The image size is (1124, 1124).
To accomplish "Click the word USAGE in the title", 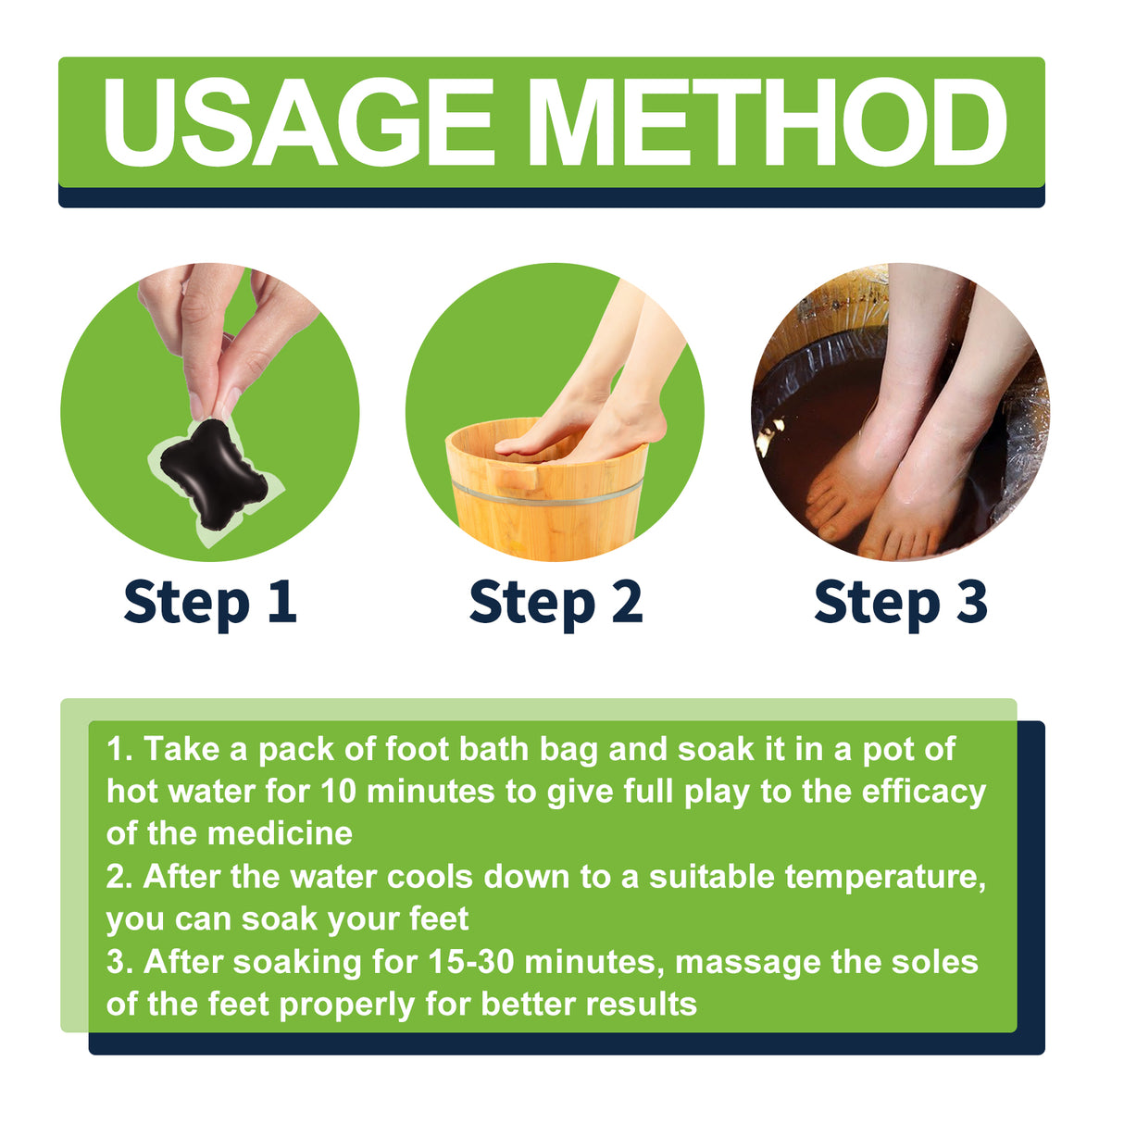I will [x=298, y=122].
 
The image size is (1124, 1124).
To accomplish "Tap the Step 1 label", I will [x=210, y=603].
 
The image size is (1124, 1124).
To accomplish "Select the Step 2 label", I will [x=556, y=603].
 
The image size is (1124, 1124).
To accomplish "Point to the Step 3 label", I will [x=901, y=603].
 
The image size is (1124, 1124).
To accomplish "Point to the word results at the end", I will [x=642, y=1005].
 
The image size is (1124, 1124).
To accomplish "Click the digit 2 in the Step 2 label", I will [x=627, y=602].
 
